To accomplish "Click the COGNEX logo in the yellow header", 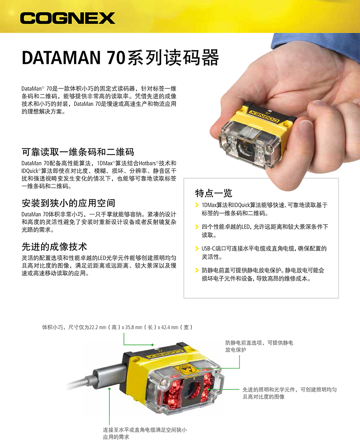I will (68, 18).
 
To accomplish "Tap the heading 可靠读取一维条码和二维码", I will (78, 152).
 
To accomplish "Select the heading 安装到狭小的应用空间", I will (68, 203).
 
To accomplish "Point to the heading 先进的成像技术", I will (54, 247).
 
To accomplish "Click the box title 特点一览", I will (214, 193).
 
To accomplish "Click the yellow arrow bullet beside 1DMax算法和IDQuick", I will (197, 205).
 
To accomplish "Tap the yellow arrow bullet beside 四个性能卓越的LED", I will (197, 227).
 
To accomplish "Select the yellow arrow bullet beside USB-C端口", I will (197, 248).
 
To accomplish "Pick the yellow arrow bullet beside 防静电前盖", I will (197, 270).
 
